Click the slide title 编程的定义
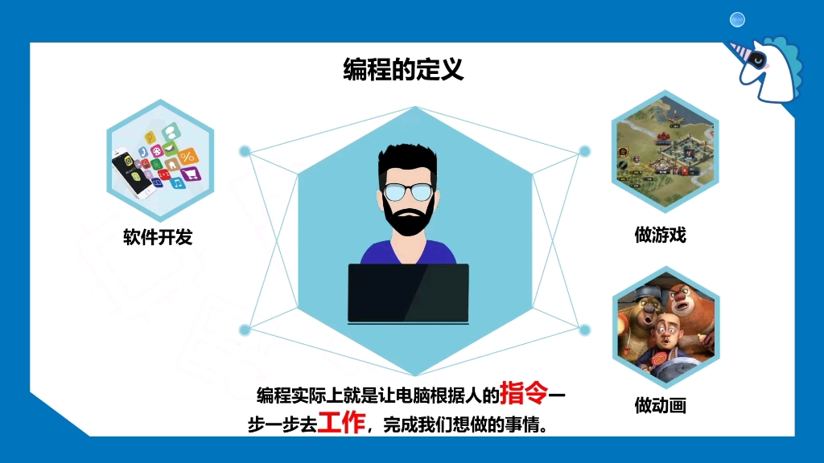[x=403, y=70]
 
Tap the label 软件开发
[x=158, y=237]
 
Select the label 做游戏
[x=660, y=235]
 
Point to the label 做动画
[x=660, y=405]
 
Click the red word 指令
[x=524, y=393]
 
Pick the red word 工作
[x=341, y=422]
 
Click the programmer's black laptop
[x=408, y=293]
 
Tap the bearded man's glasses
[x=407, y=192]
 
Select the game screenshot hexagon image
[x=665, y=150]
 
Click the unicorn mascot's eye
[x=757, y=59]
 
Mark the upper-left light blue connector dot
[x=245, y=150]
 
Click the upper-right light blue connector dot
[x=585, y=150]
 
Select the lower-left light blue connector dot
[x=245, y=329]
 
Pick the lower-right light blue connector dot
[x=585, y=329]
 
